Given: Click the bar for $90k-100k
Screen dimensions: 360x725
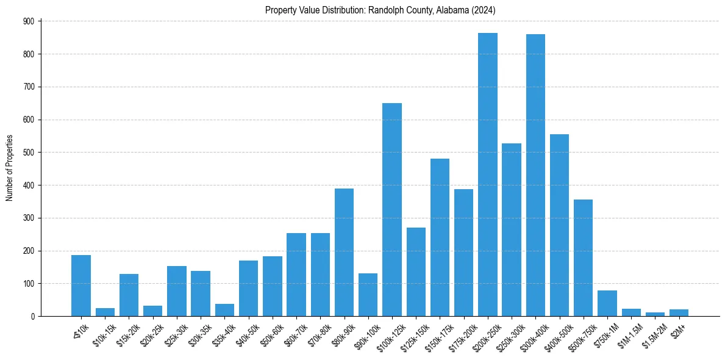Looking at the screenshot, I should coord(368,295).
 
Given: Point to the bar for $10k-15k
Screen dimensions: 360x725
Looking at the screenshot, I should coord(105,312).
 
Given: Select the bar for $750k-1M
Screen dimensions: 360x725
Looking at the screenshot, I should coord(607,303).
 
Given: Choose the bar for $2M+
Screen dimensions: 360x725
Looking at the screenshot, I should coord(679,312).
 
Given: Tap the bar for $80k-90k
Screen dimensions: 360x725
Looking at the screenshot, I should coord(344,252).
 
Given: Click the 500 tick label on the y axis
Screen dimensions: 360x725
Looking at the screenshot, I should coord(33,153).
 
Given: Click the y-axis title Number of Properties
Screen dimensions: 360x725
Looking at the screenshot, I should coord(10,168).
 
